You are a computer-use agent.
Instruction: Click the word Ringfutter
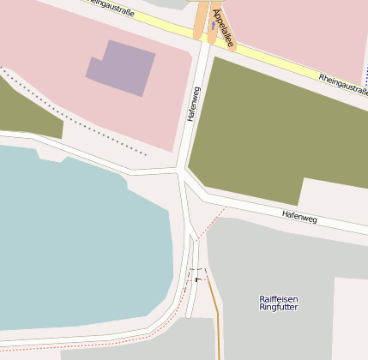(x=279, y=307)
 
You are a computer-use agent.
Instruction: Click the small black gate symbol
(x=197, y=278)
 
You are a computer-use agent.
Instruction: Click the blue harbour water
(x=77, y=240)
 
